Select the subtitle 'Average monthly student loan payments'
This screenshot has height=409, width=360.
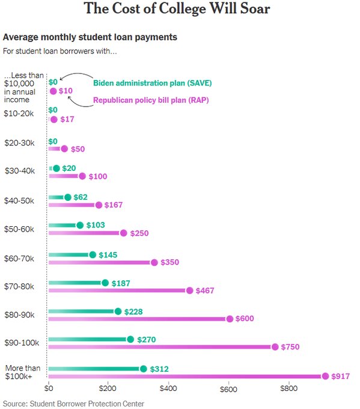(90, 37)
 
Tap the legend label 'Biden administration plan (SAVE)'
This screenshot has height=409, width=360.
(151, 82)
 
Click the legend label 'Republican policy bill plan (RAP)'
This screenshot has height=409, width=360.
(150, 100)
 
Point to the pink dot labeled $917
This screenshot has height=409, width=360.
(325, 376)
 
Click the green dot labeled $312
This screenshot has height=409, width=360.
(143, 369)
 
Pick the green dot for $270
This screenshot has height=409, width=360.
(130, 340)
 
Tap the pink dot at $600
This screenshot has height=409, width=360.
(230, 319)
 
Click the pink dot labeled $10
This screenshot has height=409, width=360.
(53, 91)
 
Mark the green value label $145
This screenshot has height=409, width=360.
(108, 255)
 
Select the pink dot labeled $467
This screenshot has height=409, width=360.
(189, 291)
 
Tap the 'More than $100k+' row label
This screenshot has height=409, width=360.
(22, 372)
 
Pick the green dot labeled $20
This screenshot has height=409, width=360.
(56, 169)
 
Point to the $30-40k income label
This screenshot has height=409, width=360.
(19, 171)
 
